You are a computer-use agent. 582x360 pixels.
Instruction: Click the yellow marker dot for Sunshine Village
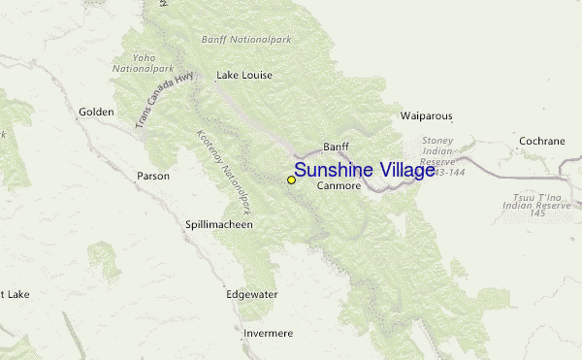291,180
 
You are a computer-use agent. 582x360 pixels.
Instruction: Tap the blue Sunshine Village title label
364,171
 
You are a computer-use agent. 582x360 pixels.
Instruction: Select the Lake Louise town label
244,75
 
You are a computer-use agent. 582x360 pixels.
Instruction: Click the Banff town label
336,147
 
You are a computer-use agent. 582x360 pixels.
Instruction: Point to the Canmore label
339,185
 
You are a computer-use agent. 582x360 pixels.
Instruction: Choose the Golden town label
96,113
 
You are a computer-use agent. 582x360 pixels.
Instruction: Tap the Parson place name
153,176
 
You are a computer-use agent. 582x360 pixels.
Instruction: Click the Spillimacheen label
219,224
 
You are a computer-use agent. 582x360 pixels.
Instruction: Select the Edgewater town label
251,294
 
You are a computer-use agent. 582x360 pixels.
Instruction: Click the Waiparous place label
427,116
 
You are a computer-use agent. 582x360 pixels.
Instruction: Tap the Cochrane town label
541,141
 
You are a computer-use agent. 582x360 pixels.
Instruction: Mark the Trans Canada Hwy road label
160,99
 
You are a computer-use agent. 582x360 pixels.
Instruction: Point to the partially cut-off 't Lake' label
15,294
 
